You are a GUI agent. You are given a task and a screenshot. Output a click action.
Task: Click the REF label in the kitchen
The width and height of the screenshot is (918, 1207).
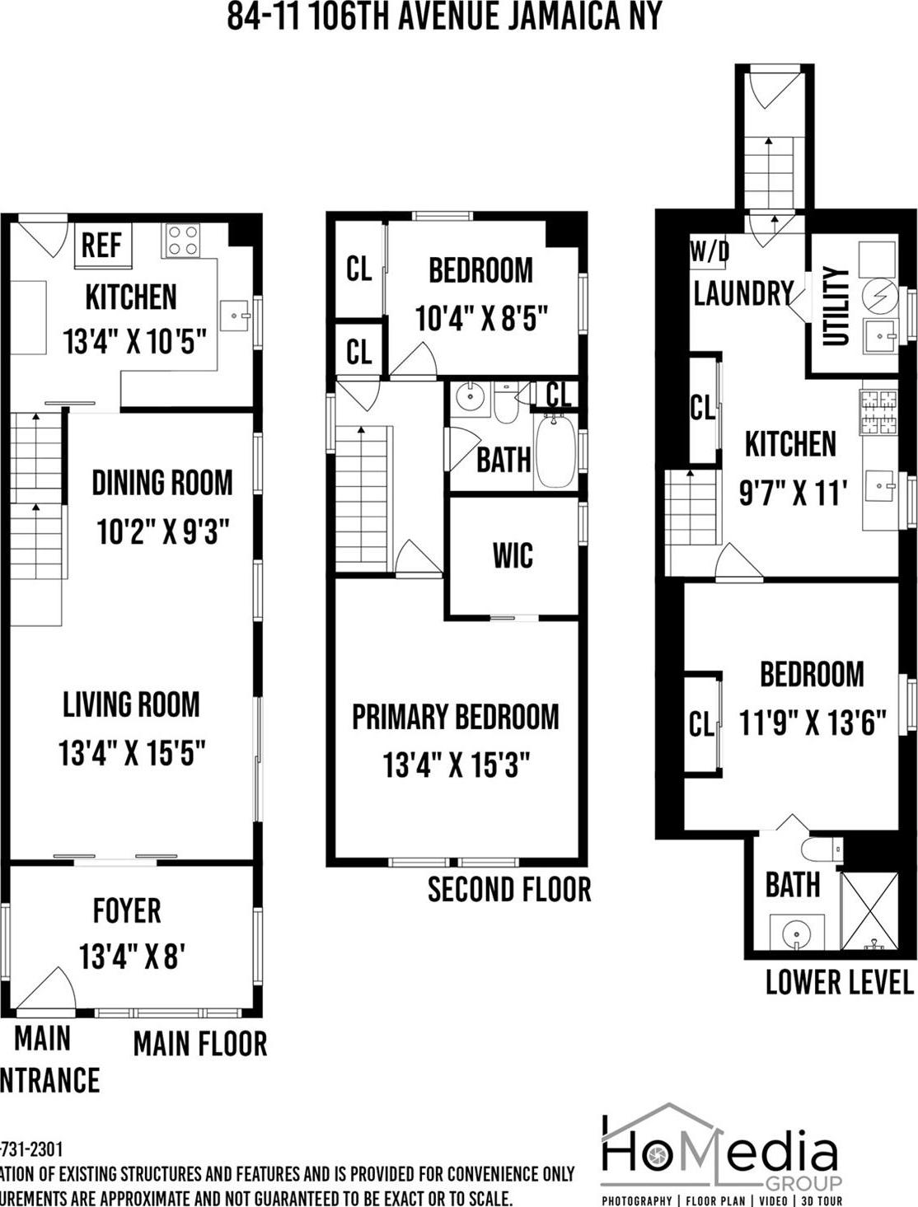[101, 246]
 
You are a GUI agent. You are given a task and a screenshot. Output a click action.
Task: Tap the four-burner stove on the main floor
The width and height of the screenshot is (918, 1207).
[182, 240]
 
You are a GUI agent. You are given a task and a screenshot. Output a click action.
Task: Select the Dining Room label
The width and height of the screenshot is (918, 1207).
[162, 483]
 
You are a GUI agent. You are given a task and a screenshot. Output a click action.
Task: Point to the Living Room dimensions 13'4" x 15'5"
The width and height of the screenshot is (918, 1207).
[132, 753]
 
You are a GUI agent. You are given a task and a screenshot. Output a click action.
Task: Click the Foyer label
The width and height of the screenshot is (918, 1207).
[127, 910]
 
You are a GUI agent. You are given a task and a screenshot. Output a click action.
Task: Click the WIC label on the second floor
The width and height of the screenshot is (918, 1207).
[513, 555]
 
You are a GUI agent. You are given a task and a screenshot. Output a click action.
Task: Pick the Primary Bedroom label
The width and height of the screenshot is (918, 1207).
[455, 717]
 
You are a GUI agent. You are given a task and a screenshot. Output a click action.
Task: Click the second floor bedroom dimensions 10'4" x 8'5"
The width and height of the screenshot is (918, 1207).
[481, 318]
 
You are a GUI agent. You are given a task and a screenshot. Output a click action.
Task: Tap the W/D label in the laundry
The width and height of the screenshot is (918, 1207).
[710, 251]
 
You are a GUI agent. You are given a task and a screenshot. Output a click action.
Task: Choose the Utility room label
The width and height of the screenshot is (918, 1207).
[836, 306]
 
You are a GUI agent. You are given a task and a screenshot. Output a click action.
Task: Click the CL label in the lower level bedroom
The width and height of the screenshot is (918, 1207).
[700, 724]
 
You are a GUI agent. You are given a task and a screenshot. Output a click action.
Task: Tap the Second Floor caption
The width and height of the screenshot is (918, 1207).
[509, 890]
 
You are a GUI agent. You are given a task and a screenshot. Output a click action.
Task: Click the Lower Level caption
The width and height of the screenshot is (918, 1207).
[839, 982]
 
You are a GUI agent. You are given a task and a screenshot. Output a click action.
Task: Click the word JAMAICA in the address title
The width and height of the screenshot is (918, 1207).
[559, 16]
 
